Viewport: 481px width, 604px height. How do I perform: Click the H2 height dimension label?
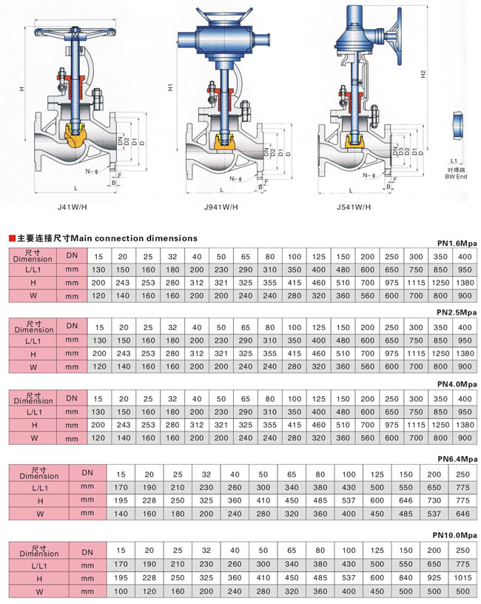tap(423, 74)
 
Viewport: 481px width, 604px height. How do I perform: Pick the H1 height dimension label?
tap(170, 87)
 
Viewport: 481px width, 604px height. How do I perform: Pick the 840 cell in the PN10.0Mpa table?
tap(406, 577)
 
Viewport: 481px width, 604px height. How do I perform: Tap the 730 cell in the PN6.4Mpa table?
tap(434, 500)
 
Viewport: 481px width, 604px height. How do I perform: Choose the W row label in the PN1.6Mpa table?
tap(33, 296)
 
